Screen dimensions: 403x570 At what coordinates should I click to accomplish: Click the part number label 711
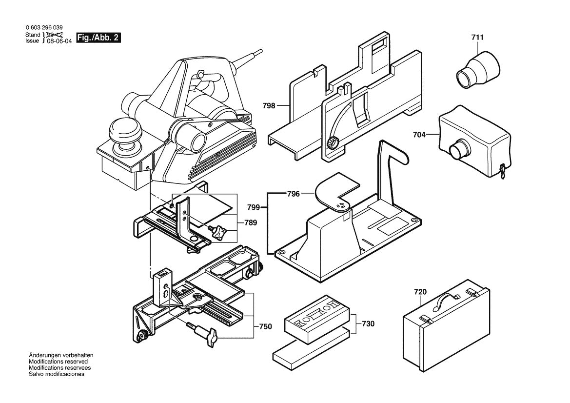click(478, 38)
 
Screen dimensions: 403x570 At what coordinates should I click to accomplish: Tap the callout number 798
click(282, 105)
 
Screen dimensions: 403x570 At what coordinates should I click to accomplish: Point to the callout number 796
click(294, 194)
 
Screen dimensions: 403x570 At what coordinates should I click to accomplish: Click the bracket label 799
click(259, 209)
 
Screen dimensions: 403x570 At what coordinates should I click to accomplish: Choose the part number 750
click(265, 326)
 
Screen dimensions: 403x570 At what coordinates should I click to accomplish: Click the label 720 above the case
click(420, 292)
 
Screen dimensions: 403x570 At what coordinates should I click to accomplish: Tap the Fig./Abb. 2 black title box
click(99, 38)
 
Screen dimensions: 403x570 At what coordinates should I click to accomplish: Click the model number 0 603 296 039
click(43, 28)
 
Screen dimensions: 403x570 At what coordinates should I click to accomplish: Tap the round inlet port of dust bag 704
click(458, 149)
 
